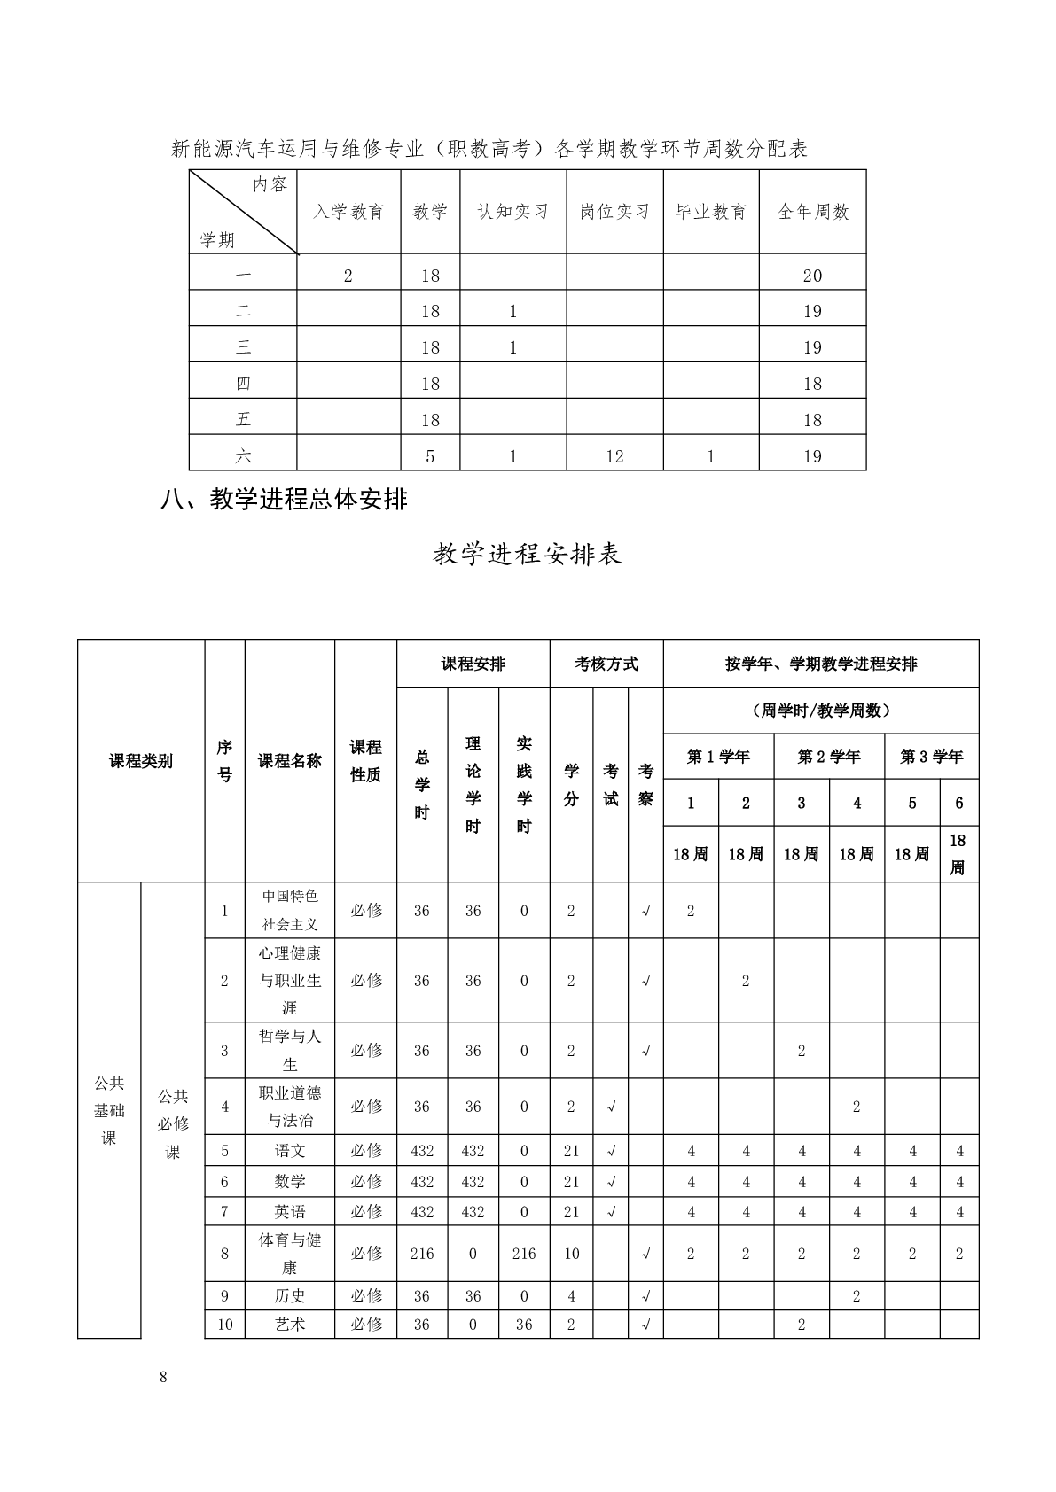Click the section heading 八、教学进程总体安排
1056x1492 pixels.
tap(284, 500)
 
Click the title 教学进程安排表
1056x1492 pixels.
tap(528, 554)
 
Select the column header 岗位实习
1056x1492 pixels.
tap(614, 212)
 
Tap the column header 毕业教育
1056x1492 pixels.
tap(711, 212)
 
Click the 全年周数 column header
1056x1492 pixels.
tap(813, 212)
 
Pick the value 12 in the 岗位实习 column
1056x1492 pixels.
tap(614, 456)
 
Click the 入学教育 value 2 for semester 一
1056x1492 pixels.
tap(348, 276)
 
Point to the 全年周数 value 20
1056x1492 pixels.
tap(813, 276)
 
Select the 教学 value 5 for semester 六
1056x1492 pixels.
tap(431, 456)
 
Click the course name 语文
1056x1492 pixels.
tap(290, 1151)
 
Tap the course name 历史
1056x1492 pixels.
tap(290, 1295)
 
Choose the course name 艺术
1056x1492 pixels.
tap(290, 1325)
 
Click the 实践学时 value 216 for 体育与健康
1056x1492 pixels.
tap(524, 1254)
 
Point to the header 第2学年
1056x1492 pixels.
tap(829, 757)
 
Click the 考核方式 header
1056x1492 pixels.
tap(606, 664)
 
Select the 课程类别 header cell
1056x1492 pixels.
tap(141, 761)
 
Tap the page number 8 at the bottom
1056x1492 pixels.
tap(163, 1377)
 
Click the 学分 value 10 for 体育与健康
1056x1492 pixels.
tap(571, 1254)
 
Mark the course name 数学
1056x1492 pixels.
tap(290, 1181)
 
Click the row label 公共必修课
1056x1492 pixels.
tap(173, 1123)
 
